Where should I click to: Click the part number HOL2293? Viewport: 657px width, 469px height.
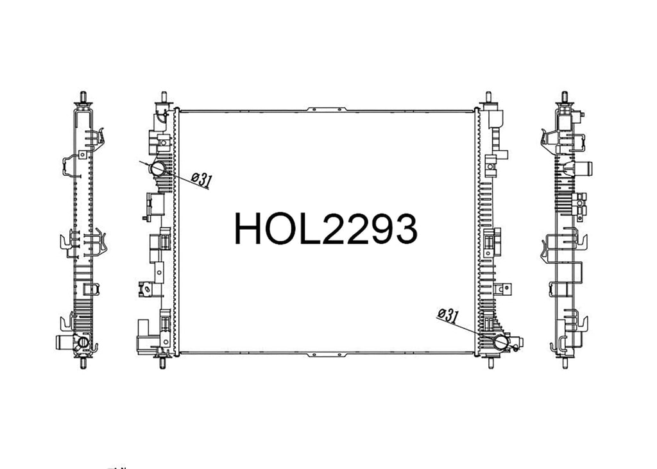[x=325, y=228]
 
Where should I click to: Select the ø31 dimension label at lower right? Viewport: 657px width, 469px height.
[x=447, y=315]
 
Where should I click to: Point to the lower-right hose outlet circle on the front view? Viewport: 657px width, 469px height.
[x=501, y=342]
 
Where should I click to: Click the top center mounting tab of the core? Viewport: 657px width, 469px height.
[x=327, y=110]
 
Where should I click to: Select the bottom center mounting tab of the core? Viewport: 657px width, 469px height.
[x=327, y=355]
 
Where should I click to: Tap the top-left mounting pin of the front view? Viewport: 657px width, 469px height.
[x=164, y=98]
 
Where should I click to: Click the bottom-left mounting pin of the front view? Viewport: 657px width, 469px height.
[x=162, y=362]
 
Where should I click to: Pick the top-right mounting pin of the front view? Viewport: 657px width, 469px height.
[x=488, y=98]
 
